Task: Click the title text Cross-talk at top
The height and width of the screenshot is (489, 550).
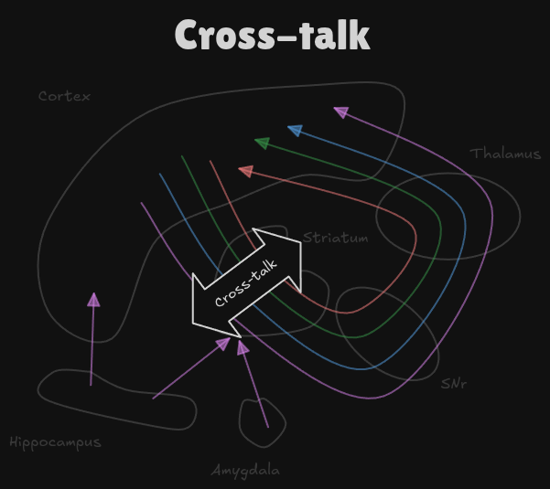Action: coord(272,36)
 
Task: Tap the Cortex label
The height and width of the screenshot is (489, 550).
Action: coord(64,96)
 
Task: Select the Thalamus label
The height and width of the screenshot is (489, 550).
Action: coord(505,154)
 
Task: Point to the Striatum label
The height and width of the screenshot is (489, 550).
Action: coord(336,239)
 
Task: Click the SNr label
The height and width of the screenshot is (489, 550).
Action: coord(453,384)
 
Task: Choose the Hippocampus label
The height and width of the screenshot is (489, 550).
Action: coord(55,442)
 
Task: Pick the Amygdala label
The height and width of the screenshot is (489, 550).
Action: coord(245,471)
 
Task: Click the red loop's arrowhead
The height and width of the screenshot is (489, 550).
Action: coord(245,171)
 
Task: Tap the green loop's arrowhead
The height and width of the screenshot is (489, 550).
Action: coord(262,143)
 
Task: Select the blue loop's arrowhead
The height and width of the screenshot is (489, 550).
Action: coord(295,131)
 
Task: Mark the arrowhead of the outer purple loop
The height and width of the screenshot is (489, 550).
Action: coord(340,112)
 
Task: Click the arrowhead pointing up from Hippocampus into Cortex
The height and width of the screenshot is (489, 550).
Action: coord(93,299)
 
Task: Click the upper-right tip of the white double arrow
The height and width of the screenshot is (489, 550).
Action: coord(300,242)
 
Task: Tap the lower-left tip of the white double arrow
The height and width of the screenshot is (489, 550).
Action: coord(193,322)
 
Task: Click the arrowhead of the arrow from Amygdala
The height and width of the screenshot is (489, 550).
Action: coord(242,348)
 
